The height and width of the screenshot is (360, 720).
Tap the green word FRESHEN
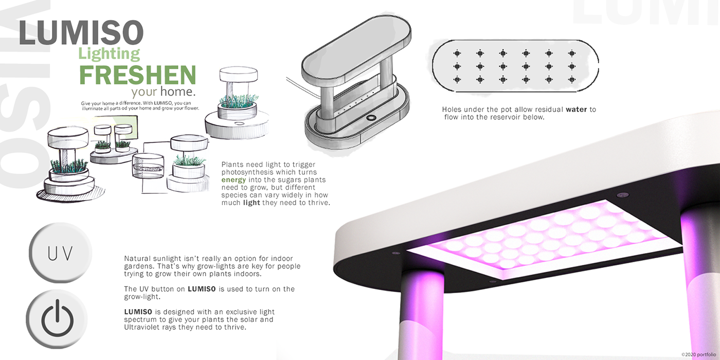(137, 75)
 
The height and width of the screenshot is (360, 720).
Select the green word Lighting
(109, 53)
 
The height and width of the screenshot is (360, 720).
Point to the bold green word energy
(233, 180)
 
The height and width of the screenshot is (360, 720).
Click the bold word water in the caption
(576, 110)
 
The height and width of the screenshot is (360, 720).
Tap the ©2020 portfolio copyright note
(698, 354)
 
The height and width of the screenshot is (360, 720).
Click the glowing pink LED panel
(535, 234)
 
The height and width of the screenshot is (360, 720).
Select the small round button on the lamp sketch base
(371, 117)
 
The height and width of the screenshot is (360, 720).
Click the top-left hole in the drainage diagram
(456, 53)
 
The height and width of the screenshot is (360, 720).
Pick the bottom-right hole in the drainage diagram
(571, 79)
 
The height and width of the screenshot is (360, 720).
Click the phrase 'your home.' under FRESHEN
(164, 93)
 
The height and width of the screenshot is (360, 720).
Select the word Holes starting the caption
(453, 110)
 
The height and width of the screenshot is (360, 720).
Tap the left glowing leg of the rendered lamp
(420, 314)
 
